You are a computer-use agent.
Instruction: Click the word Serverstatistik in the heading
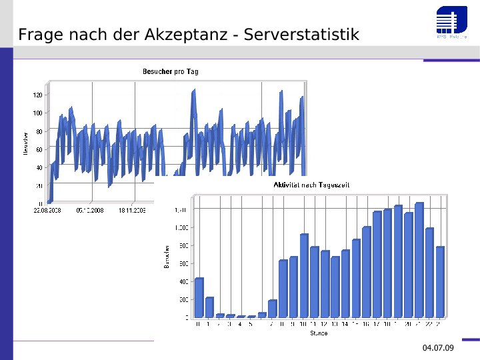point(301,35)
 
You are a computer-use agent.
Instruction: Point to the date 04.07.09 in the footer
point(438,348)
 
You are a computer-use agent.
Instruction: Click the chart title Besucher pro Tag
point(171,71)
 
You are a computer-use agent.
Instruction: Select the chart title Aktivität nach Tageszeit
point(311,185)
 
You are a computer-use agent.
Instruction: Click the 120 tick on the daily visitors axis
point(37,95)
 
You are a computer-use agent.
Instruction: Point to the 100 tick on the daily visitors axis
point(37,113)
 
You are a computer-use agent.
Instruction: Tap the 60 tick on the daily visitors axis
point(39,149)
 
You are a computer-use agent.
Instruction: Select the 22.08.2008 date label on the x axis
point(47,210)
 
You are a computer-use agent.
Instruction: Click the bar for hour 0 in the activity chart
point(199,297)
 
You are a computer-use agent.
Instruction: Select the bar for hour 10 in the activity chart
point(304,275)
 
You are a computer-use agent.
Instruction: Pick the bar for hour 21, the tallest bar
point(419,260)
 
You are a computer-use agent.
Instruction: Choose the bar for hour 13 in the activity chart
point(335,287)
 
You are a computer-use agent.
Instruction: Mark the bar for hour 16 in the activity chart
point(367,272)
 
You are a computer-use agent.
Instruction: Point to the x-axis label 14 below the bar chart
point(345,324)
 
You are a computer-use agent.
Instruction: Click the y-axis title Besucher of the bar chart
point(167,256)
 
